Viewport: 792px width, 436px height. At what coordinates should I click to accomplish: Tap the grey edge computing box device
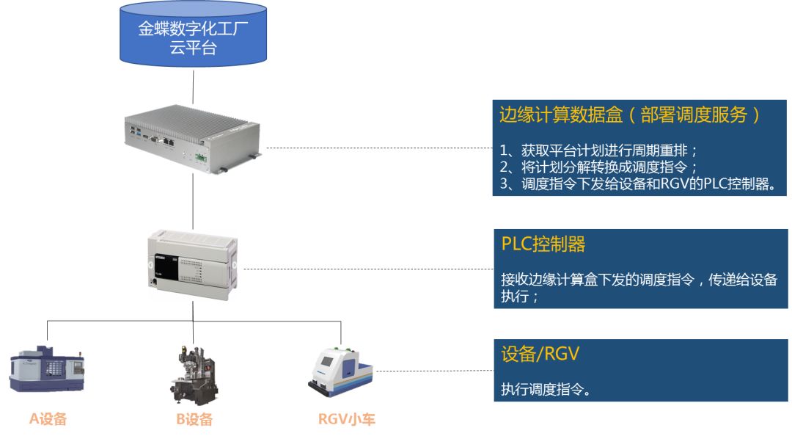[x=192, y=137]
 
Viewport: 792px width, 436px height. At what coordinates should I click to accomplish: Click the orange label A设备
[x=48, y=419]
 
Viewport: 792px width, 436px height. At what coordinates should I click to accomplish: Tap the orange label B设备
[x=194, y=419]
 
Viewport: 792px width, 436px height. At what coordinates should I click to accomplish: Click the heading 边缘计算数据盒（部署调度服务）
[x=628, y=115]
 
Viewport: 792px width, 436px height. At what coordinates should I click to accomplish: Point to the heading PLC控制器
[x=543, y=244]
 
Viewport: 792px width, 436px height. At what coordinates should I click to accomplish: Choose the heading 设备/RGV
[x=540, y=354]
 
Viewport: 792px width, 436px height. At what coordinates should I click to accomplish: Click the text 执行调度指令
[x=546, y=390]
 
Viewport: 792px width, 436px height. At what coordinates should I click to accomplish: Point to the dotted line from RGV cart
[x=433, y=371]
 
